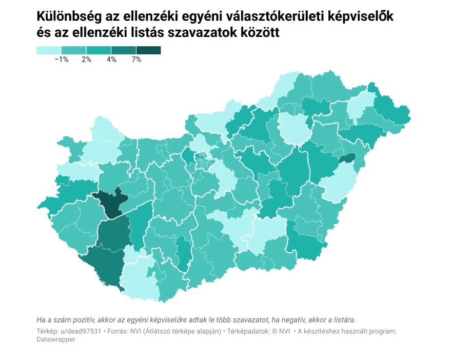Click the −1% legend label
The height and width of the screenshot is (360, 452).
(x=62, y=59)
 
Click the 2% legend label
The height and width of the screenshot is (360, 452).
(x=86, y=59)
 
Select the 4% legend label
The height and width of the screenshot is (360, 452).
(x=111, y=59)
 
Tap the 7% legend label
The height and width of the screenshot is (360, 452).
(x=136, y=59)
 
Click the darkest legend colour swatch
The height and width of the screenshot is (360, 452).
(x=148, y=50)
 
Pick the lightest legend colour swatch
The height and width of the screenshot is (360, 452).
(x=49, y=50)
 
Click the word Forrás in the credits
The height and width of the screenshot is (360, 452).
(x=118, y=331)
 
